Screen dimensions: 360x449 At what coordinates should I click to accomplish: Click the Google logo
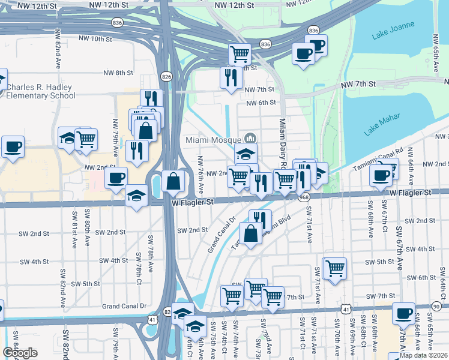pyautogui.click(x=19, y=353)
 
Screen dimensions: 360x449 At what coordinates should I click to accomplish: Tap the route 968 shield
pyautogui.click(x=304, y=197)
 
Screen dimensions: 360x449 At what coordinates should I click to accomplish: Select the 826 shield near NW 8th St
pyautogui.click(x=167, y=76)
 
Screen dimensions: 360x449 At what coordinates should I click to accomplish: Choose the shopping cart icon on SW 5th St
pyautogui.click(x=335, y=268)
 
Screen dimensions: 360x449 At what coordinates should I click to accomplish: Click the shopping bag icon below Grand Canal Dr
pyautogui.click(x=250, y=233)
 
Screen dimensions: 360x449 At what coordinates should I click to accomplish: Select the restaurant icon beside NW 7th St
pyautogui.click(x=231, y=77)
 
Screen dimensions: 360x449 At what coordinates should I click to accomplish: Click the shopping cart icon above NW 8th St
pyautogui.click(x=240, y=53)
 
